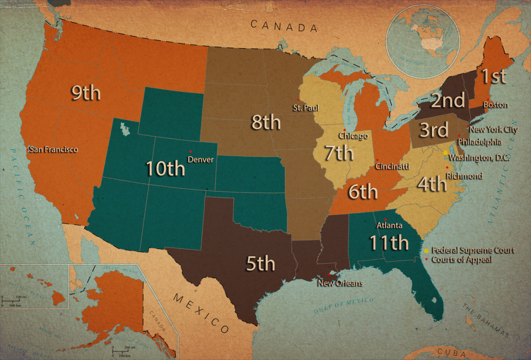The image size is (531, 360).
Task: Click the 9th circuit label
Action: tap(85, 93)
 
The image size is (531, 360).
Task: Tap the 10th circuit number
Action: tap(165, 169)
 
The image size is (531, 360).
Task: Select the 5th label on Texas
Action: tap(261, 264)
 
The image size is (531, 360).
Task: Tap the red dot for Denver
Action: tap(190, 151)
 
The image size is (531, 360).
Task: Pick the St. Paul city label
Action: tap(306, 108)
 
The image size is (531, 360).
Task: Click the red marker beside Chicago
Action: tap(344, 130)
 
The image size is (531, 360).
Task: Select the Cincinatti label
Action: tap(392, 167)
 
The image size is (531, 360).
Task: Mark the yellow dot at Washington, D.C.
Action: tap(445, 153)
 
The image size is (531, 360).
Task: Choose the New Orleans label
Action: tap(340, 283)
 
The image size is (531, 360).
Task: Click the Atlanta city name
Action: tap(389, 226)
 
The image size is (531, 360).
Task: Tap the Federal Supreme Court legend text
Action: tap(473, 250)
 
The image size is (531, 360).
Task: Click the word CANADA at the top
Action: tap(284, 26)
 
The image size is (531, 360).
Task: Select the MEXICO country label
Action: tap(201, 313)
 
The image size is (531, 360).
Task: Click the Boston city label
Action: tap(495, 105)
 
